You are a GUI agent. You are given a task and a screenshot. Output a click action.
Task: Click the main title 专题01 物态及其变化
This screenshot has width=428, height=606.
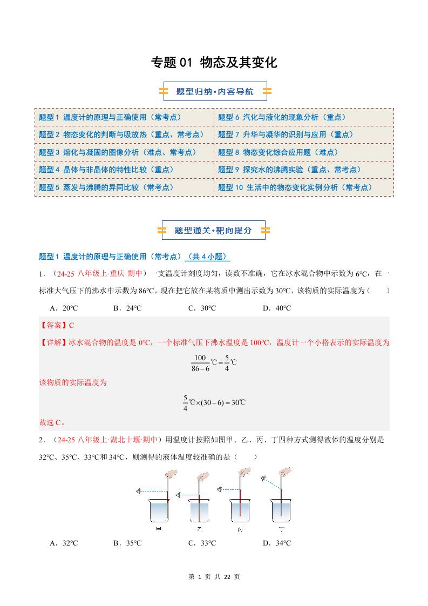(214, 63)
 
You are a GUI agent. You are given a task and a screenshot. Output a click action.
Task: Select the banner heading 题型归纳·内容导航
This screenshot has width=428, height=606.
(214, 92)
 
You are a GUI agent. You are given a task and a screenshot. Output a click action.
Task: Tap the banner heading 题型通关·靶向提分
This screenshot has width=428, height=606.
(214, 230)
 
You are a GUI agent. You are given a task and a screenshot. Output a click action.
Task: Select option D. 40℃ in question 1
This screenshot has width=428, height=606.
(276, 308)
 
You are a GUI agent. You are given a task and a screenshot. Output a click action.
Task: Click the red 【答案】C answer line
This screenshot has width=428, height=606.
(57, 326)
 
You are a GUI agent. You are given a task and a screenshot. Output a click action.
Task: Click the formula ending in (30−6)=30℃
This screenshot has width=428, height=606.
(214, 403)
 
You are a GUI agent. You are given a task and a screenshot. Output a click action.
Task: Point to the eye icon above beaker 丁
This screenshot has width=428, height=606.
(264, 478)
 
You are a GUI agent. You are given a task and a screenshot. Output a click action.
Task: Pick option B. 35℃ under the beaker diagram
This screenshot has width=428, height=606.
(127, 543)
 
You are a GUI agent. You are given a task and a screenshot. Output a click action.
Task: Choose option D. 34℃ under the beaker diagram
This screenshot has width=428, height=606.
(276, 543)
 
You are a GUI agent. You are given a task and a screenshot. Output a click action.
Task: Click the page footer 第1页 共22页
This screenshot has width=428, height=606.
(214, 577)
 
